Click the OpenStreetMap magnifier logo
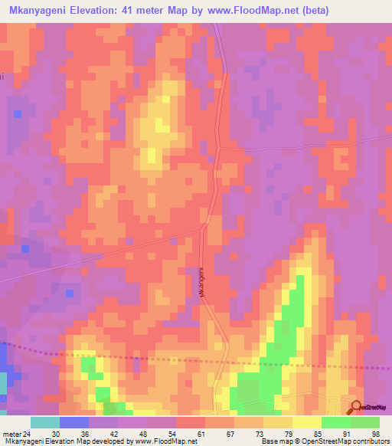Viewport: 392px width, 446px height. [356, 408]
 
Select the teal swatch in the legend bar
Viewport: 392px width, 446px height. [44, 422]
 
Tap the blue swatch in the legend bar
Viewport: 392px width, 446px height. [73, 422]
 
